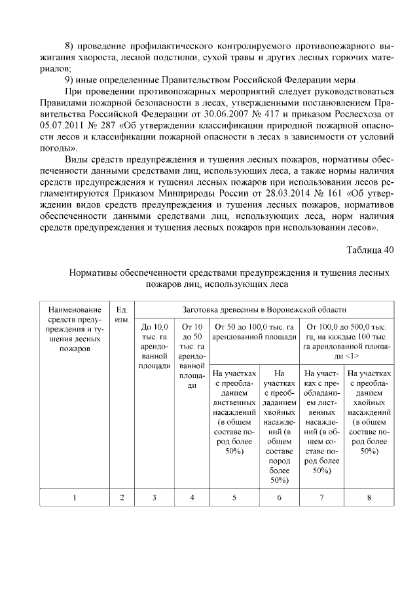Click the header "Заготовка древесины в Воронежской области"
click(x=264, y=309)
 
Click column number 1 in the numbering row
click(x=75, y=497)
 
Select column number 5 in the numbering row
click(x=234, y=497)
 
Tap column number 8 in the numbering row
click(x=369, y=497)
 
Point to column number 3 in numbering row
click(x=155, y=497)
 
